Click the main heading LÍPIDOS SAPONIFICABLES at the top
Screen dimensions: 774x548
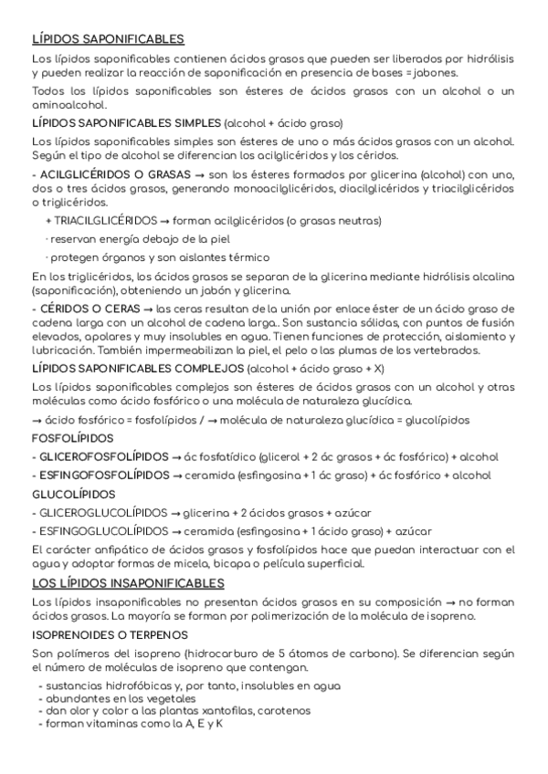click(108, 39)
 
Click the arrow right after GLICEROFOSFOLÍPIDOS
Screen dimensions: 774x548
click(176, 456)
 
